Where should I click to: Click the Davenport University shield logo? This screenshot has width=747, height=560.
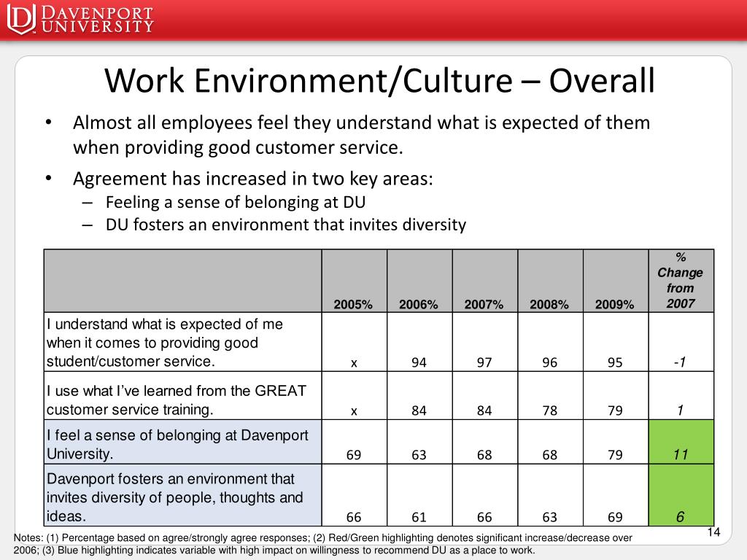click(x=22, y=19)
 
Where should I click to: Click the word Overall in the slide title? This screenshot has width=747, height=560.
click(x=602, y=80)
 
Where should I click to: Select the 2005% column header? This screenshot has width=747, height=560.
click(x=353, y=305)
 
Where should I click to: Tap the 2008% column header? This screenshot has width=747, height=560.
click(x=549, y=305)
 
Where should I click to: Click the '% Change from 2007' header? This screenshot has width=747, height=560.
click(x=681, y=281)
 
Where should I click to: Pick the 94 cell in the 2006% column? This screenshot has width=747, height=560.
click(x=419, y=363)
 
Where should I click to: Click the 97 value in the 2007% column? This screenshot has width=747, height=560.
click(x=484, y=363)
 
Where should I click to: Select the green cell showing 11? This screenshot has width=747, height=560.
click(x=681, y=442)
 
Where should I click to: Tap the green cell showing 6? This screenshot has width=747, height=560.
click(x=681, y=495)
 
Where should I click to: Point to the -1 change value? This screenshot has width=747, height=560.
click(x=680, y=362)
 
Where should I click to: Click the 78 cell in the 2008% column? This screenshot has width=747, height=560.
click(x=549, y=411)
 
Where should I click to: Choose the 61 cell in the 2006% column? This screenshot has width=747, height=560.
click(x=419, y=517)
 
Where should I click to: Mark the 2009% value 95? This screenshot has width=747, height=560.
click(x=614, y=363)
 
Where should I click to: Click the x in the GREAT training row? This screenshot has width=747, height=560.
click(x=354, y=411)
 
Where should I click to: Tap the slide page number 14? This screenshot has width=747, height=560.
click(x=713, y=532)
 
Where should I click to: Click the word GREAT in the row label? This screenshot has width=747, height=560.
click(x=281, y=391)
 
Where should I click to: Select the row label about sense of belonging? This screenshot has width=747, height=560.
click(x=177, y=444)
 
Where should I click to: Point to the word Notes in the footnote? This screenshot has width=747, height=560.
click(x=28, y=537)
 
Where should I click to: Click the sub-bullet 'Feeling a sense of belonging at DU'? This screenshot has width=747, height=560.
click(x=236, y=203)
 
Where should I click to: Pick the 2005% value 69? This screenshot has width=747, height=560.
click(x=353, y=455)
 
